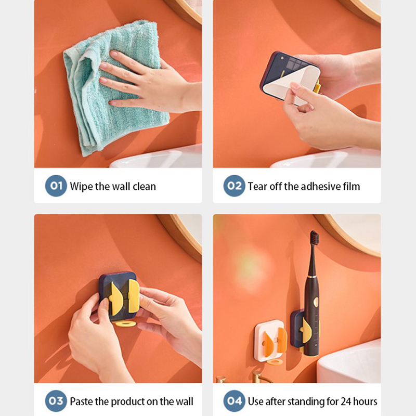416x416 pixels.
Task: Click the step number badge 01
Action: (x=56, y=186)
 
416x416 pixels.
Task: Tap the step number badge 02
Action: (x=235, y=186)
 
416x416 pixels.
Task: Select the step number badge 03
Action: (x=56, y=401)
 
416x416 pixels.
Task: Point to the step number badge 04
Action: (x=235, y=401)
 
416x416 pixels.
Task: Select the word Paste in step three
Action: (x=82, y=401)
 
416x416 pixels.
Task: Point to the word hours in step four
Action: (x=366, y=401)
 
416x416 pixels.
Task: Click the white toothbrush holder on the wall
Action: (x=269, y=341)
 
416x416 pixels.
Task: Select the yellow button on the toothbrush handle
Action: (x=316, y=302)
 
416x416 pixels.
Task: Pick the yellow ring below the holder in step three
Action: (x=125, y=323)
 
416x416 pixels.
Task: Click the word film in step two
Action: (x=352, y=186)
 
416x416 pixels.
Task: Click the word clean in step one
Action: (x=145, y=187)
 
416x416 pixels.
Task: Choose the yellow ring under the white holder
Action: (x=275, y=361)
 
